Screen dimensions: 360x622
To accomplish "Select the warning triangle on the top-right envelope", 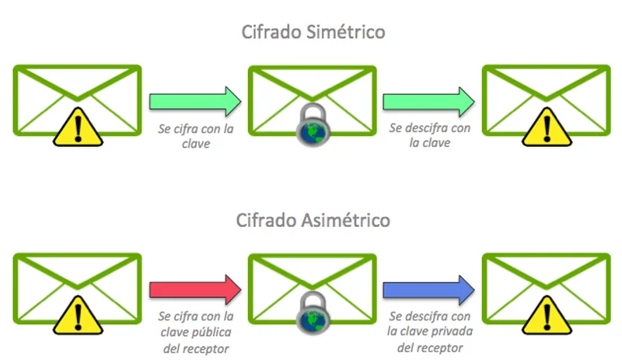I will (547, 126).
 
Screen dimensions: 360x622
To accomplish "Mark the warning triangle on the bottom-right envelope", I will (547, 314).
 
